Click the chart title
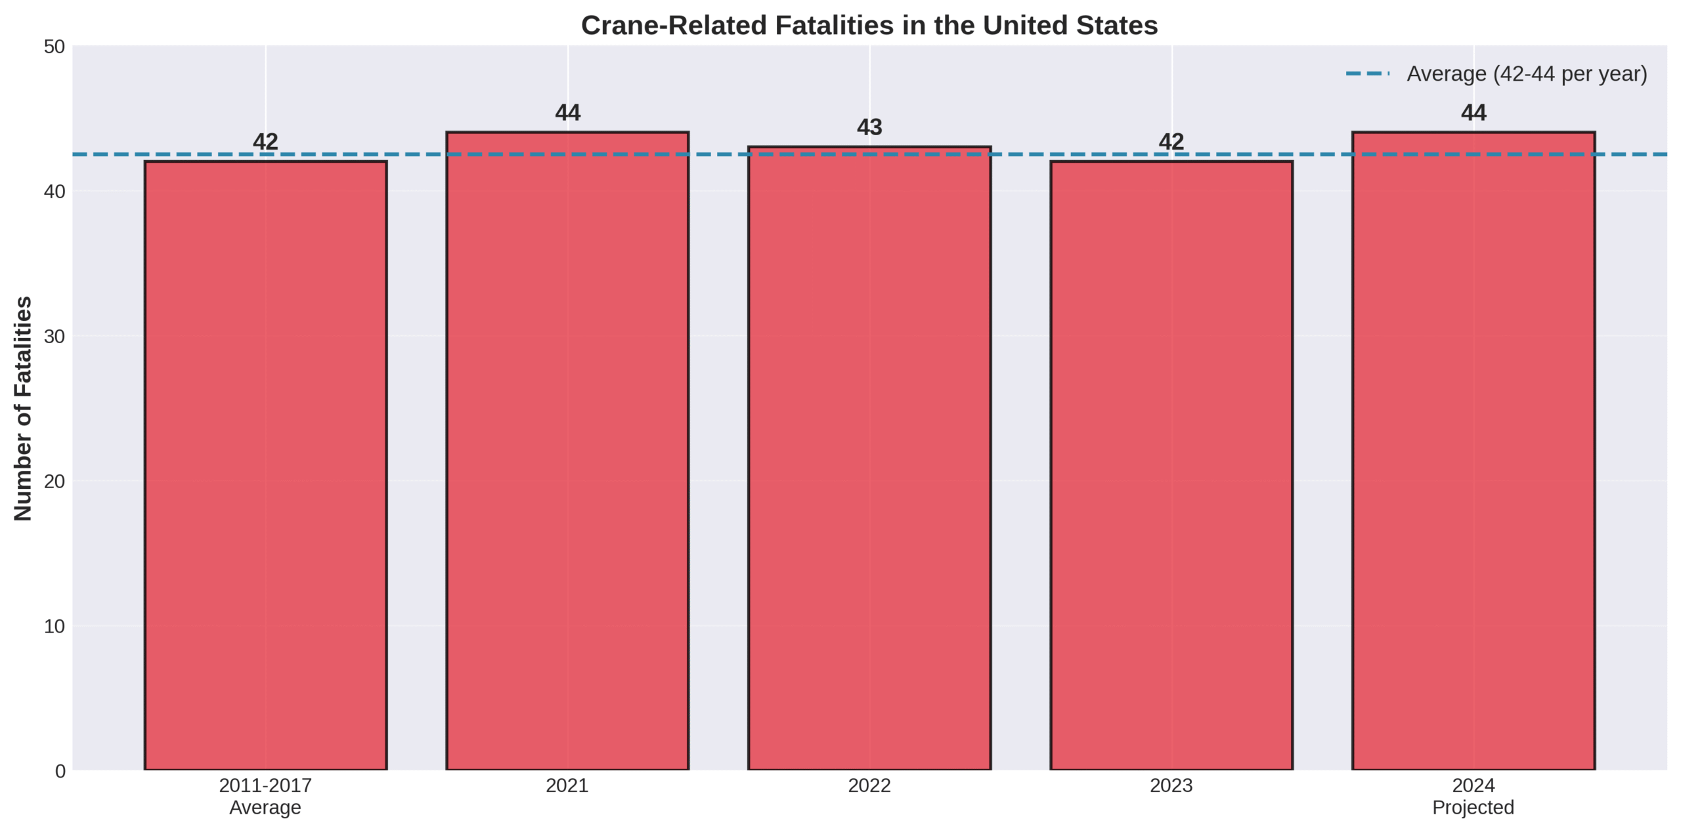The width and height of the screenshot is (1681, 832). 869,26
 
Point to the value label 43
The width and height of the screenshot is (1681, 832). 869,127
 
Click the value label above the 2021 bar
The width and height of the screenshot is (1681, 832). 567,113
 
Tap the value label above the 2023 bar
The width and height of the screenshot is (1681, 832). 1171,142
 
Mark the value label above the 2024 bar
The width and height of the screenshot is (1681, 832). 1474,113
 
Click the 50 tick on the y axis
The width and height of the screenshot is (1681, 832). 55,47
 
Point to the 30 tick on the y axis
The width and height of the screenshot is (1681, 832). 55,337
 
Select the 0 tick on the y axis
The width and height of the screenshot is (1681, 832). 60,771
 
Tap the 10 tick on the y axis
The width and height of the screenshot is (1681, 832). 55,626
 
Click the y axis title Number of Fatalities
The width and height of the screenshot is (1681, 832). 24,408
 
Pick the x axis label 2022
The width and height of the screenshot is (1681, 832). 869,785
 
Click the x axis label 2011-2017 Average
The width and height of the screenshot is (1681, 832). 265,796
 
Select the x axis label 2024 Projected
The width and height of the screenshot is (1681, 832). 1474,796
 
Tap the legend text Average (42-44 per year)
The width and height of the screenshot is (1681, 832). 1527,73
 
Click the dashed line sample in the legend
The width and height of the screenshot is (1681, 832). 1368,73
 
